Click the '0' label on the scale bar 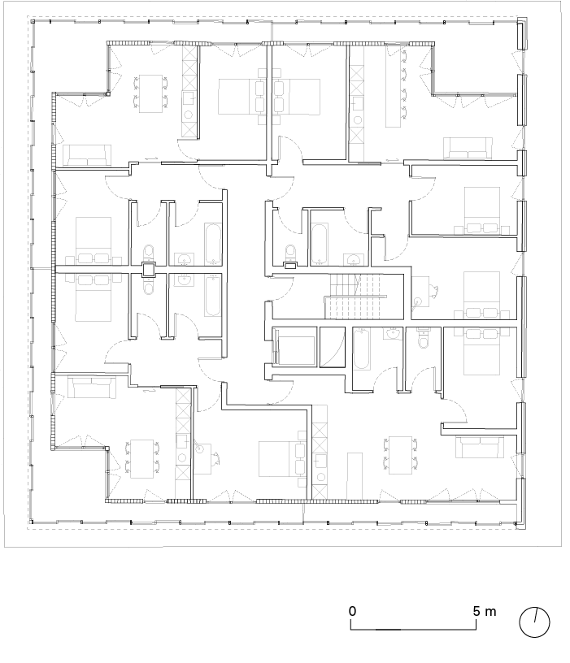(352, 611)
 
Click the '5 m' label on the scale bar (484, 611)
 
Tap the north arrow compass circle (534, 622)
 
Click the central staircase (355, 297)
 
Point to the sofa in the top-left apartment (87, 155)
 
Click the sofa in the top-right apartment (468, 149)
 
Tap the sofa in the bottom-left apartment (92, 388)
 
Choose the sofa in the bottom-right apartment (480, 448)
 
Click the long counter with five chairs (393, 87)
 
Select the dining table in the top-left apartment (151, 94)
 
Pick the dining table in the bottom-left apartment (141, 459)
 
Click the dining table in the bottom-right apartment (400, 455)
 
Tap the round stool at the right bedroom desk (418, 302)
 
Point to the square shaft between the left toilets (149, 269)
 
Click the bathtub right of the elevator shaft (362, 349)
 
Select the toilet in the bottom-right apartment (423, 338)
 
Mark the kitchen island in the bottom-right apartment (355, 475)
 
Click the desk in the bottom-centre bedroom (204, 459)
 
